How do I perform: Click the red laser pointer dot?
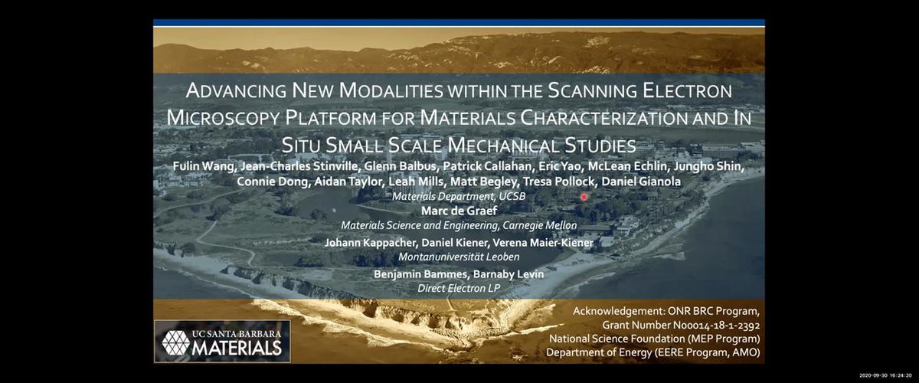584,197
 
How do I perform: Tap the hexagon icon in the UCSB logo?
175,342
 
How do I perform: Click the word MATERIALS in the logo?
237,349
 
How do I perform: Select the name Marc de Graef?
459,211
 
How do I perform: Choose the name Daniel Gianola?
641,182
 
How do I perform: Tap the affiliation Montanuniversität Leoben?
459,257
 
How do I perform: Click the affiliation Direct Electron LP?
459,289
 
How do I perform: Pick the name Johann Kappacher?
371,243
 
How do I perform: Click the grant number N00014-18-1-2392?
716,326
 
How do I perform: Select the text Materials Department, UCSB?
459,197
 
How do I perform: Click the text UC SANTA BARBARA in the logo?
237,334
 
